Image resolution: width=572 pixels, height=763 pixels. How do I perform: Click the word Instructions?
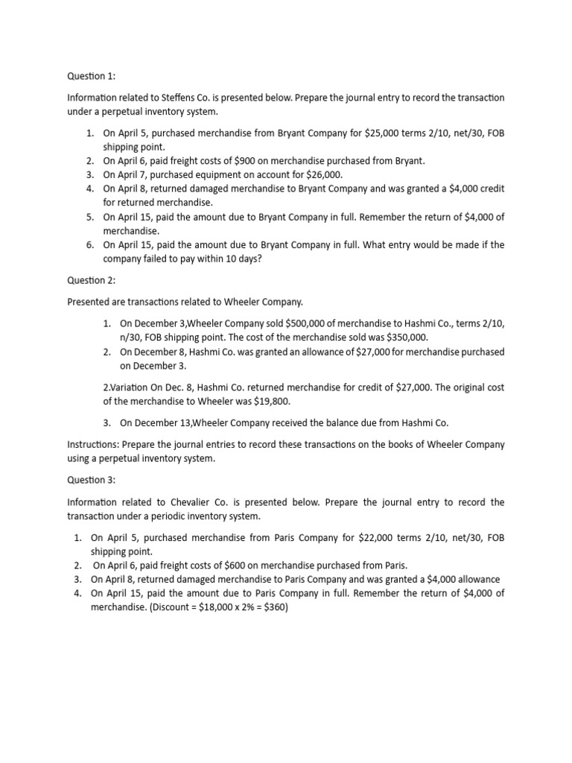pos(94,445)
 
